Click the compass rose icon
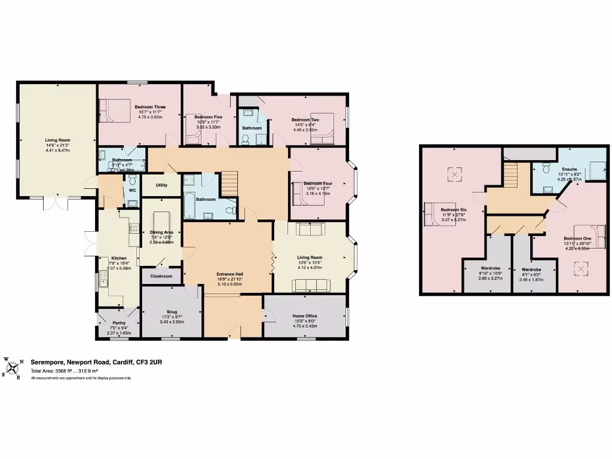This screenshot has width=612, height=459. tap(13, 367)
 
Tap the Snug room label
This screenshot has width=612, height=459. tap(171, 311)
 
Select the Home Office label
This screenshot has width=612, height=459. tap(305, 316)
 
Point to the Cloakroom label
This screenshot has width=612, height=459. tap(161, 276)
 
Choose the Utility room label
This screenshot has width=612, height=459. tap(162, 185)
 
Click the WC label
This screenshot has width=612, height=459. tap(133, 191)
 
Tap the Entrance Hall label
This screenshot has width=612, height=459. tap(229, 274)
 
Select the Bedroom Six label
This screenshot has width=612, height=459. tap(454, 210)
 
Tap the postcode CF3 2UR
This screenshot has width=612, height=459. tap(152, 362)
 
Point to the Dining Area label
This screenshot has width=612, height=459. tap(161, 232)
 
